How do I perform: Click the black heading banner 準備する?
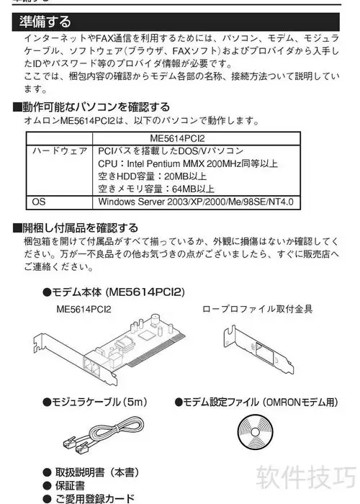tap(176, 22)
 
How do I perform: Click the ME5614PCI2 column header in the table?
tap(177, 138)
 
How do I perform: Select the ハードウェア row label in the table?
tap(60, 150)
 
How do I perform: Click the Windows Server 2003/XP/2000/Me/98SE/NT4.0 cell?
tap(196, 202)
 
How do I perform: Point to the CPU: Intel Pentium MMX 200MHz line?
tap(188, 163)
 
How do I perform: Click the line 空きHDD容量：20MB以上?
tap(152, 176)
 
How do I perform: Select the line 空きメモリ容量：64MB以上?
tap(156, 189)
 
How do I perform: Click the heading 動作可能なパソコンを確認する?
tap(91, 107)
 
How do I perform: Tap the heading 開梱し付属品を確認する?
tap(76, 228)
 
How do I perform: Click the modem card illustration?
tap(109, 348)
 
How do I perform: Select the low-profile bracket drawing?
tap(258, 349)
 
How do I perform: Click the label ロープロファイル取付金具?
tap(258, 309)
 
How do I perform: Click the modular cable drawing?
tap(104, 434)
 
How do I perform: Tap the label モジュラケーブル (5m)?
tap(95, 402)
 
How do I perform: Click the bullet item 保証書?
tap(64, 485)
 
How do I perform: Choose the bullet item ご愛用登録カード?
tap(89, 498)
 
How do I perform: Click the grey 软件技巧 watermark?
tap(306, 477)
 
